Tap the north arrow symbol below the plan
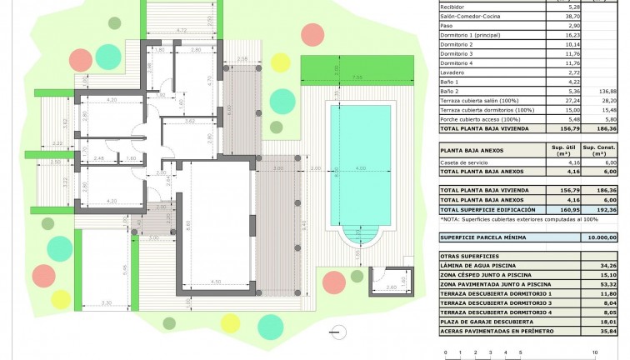coord(337,331)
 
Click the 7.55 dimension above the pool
coord(356,77)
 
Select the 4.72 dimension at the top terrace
coord(182,30)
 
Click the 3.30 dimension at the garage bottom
coord(106,302)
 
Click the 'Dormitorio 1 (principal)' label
coord(475,35)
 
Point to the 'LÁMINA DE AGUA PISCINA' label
coord(485,264)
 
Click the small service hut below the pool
coord(388,287)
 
